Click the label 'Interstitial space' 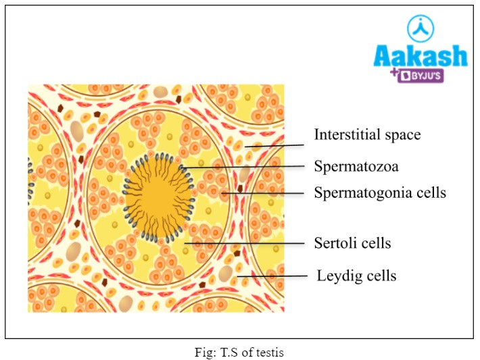coord(367,135)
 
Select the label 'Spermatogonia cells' coord(380,193)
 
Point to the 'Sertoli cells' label coord(352,242)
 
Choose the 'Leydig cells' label coord(356,276)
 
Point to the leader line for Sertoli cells coord(243,242)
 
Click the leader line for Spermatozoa coord(243,166)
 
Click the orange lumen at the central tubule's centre coord(155,199)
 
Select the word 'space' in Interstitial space coord(402,135)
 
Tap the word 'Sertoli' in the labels coord(334,242)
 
